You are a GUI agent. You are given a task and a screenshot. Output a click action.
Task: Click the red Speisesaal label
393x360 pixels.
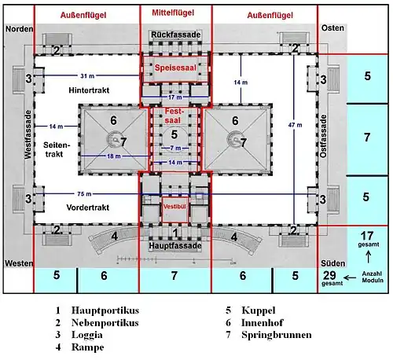(x=175, y=68)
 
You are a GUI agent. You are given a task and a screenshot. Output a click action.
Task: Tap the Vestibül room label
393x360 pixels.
(x=174, y=207)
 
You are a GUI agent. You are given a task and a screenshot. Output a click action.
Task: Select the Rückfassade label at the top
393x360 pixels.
(x=176, y=35)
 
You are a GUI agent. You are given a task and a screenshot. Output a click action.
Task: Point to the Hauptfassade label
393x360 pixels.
(x=175, y=246)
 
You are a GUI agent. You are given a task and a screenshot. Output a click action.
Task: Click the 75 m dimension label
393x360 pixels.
(x=84, y=194)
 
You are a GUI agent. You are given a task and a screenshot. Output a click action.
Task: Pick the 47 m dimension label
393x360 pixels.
(x=296, y=125)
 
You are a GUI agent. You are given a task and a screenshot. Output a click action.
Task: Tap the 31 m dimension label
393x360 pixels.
(x=87, y=76)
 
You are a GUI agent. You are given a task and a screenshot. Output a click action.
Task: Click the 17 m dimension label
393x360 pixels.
(x=175, y=97)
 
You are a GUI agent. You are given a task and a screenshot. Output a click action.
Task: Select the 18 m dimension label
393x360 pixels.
(x=114, y=156)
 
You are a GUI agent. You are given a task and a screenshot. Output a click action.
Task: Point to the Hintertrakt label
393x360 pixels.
(x=89, y=90)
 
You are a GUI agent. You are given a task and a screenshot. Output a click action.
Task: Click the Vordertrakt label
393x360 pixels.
(x=88, y=208)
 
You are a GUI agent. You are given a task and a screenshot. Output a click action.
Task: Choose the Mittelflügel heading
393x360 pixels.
(x=173, y=13)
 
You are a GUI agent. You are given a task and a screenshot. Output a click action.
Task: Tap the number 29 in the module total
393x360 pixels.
(x=329, y=275)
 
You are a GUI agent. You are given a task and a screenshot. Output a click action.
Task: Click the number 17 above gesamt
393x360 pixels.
(x=367, y=236)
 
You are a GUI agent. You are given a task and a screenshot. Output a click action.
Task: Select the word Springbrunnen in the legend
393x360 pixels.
(x=277, y=335)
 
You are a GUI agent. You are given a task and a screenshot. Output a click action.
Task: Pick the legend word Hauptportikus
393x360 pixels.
(x=105, y=310)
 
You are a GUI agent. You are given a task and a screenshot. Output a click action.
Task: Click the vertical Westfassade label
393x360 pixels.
(x=28, y=134)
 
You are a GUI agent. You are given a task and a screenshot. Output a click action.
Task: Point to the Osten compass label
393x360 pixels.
(x=332, y=28)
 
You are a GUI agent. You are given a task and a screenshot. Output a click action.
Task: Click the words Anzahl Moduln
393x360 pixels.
(x=373, y=277)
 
